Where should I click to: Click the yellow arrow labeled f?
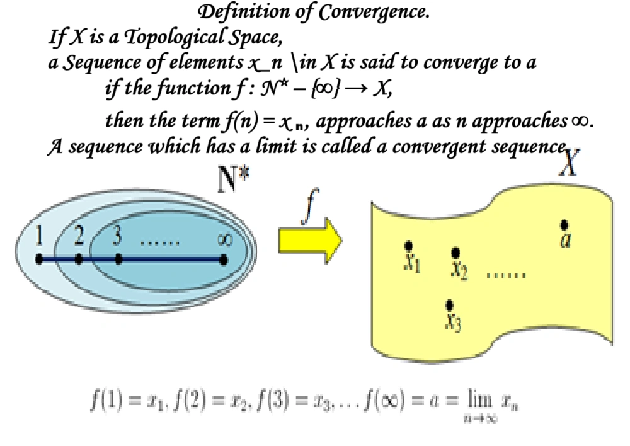pos(309,240)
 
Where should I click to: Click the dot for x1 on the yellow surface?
pos(409,245)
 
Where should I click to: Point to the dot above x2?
pos(455,253)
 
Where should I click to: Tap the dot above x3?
pos(449,306)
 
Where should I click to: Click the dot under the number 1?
pos(39,258)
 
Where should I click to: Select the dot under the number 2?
pos(78,258)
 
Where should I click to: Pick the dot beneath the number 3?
pos(118,258)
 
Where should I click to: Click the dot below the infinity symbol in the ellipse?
pos(224,258)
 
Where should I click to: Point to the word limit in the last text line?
pos(259,147)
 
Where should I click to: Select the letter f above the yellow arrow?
pos(307,213)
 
